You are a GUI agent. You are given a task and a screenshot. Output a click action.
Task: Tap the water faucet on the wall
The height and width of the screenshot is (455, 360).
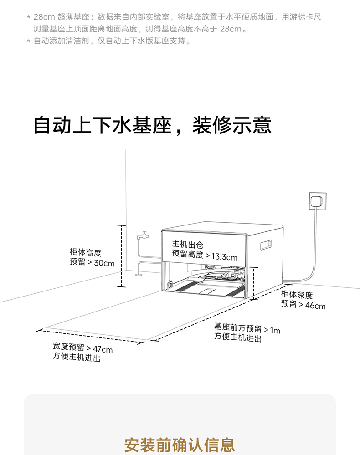coord(144,235)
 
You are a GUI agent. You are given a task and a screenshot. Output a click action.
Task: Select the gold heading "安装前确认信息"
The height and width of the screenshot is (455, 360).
coord(180,444)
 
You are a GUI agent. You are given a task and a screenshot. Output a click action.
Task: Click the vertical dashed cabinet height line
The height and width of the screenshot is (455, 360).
coord(122,256)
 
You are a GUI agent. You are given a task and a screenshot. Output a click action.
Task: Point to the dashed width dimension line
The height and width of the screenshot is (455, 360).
coord(91,336)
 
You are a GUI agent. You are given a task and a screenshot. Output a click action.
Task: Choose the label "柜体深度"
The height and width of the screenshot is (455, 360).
coord(297,295)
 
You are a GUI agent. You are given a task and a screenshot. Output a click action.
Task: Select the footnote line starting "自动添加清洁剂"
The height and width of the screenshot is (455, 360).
coord(112,41)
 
